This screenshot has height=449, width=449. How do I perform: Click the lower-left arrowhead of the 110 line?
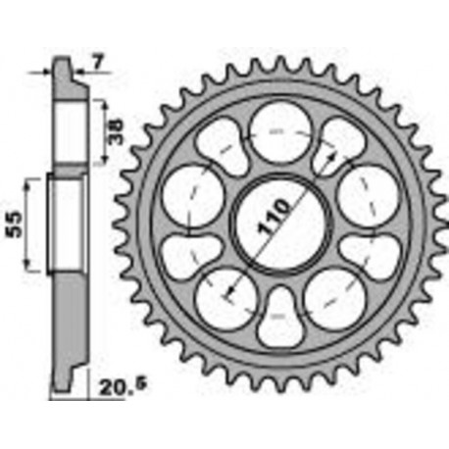[x=227, y=294]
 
